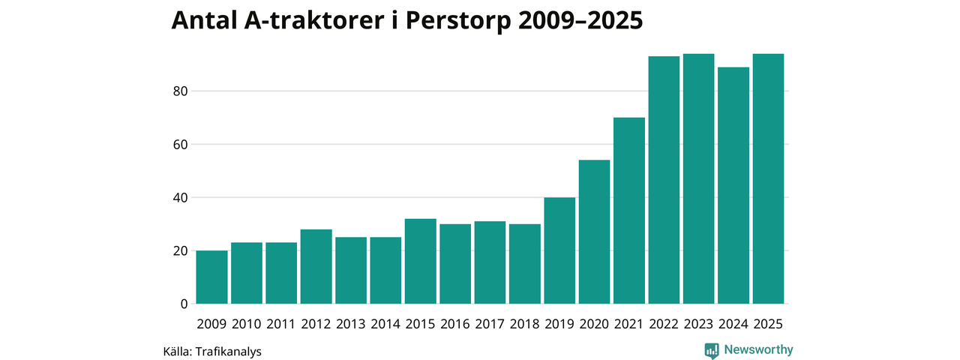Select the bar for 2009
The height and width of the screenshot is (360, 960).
(x=211, y=277)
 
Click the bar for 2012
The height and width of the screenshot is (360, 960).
(x=316, y=266)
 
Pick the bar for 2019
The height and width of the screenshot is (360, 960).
(x=559, y=250)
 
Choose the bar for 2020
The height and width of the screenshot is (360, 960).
(x=594, y=232)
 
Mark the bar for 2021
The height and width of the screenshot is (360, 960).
(x=628, y=211)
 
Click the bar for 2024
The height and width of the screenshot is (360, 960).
(x=733, y=185)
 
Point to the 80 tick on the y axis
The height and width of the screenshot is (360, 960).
(x=178, y=91)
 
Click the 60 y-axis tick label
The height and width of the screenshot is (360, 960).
(x=178, y=145)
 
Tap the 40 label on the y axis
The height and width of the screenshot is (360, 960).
(x=178, y=198)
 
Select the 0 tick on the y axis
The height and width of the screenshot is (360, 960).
(x=182, y=304)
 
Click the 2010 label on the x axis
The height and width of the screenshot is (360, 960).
(x=246, y=324)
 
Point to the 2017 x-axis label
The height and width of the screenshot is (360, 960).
(x=490, y=324)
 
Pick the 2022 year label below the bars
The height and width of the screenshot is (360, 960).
(x=664, y=324)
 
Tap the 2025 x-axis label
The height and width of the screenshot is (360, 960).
(x=768, y=324)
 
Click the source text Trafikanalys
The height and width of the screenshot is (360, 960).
(x=228, y=351)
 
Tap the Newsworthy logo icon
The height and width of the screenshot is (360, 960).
(x=712, y=350)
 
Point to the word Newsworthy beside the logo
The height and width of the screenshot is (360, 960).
(x=758, y=349)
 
